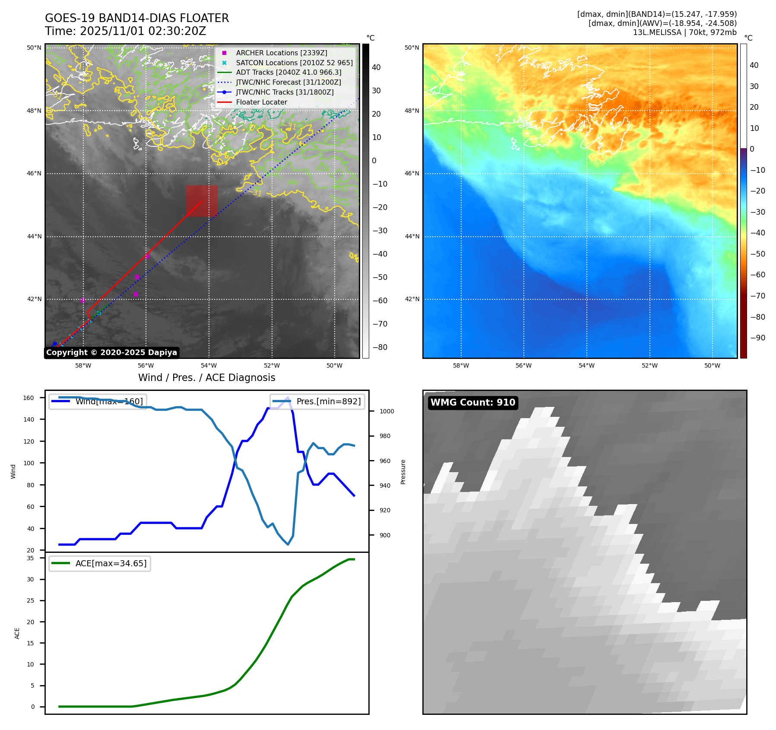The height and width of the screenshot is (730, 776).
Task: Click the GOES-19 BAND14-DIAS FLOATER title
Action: [137, 18]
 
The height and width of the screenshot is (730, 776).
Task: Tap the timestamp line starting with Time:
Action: [125, 31]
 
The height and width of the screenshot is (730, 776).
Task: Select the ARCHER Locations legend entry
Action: [281, 53]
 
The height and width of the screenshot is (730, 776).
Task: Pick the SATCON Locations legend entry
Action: [294, 63]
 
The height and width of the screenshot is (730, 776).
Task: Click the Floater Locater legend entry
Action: [261, 102]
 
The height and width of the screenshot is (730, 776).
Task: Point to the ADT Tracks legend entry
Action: [288, 73]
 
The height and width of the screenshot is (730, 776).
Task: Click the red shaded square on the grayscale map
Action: [202, 201]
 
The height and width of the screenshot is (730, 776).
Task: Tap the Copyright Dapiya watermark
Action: [111, 352]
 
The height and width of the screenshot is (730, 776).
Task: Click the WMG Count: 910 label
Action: [473, 403]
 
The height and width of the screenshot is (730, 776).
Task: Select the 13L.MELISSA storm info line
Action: [684, 32]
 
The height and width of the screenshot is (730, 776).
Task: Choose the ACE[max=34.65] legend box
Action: [100, 563]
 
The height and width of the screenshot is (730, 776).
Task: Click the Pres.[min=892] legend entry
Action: [317, 401]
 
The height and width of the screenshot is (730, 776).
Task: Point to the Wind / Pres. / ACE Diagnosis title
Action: [206, 378]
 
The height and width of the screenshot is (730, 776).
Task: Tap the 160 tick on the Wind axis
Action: [29, 398]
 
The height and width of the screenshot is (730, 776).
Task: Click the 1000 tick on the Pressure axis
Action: [386, 411]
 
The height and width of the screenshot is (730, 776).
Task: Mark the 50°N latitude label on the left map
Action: [34, 48]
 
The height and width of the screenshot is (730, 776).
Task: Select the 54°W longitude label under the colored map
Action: [586, 365]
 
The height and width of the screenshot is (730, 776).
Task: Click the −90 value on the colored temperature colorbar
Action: [757, 338]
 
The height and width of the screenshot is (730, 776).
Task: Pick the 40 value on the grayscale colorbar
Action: [376, 67]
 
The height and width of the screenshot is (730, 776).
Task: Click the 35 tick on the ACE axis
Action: [30, 558]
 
